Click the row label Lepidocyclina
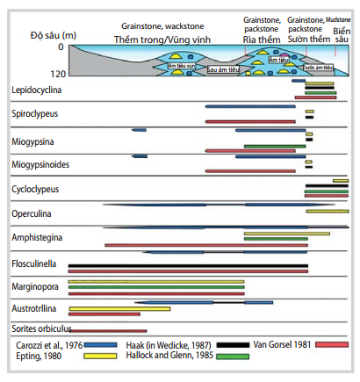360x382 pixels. coord(36,90)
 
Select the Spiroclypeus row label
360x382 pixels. coord(36,114)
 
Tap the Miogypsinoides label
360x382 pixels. coord(40,163)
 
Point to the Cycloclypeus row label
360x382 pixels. coord(37,189)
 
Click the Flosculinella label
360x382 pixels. coord(37,261)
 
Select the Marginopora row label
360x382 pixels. coord(35,285)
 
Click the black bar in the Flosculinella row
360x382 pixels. coord(188,264)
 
